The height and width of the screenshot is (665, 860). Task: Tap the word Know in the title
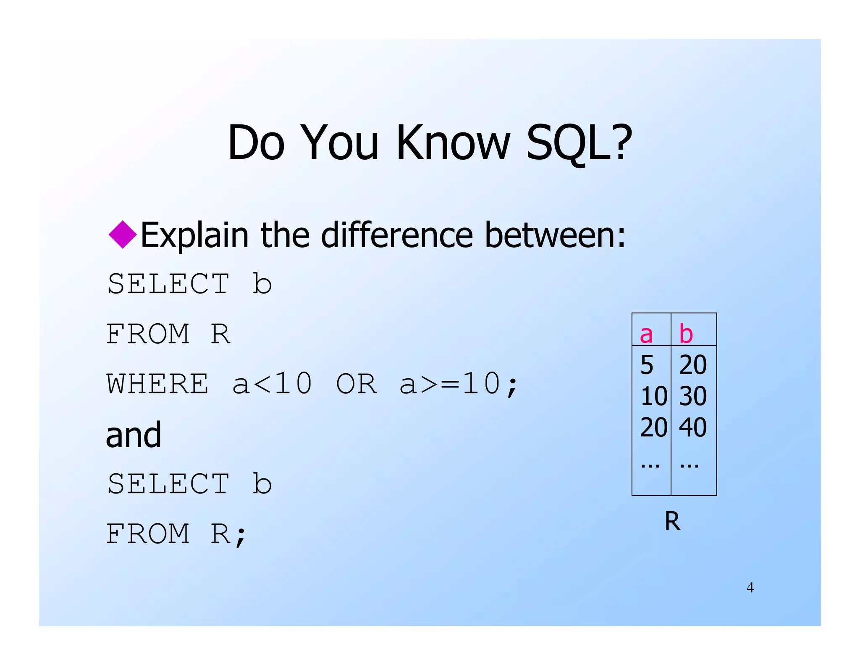[454, 143]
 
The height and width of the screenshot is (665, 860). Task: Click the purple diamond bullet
[123, 234]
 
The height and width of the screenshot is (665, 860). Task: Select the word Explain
[194, 235]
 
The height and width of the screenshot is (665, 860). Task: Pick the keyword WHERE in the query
[157, 384]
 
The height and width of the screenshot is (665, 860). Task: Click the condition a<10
[272, 384]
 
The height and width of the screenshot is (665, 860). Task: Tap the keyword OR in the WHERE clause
[356, 384]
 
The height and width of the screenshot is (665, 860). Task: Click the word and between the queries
[134, 435]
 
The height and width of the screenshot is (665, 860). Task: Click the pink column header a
[646, 334]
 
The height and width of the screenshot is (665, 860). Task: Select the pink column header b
[686, 334]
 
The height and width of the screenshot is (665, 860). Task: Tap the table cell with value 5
[647, 365]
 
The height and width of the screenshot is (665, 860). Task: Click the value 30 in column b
[693, 396]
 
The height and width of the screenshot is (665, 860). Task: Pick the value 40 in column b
[693, 427]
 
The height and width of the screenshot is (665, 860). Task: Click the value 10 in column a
[653, 396]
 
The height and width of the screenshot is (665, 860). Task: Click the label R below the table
[672, 521]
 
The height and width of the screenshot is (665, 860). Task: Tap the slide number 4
[750, 588]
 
